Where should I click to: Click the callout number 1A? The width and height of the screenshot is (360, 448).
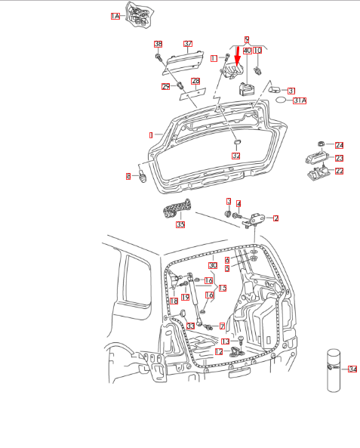pos(115,15)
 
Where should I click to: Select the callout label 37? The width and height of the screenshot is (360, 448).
pos(188,44)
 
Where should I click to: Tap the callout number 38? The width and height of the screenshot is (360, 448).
pos(158,44)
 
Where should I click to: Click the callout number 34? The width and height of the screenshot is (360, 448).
pos(352,369)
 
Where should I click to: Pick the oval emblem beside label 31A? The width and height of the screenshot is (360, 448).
pos(278,99)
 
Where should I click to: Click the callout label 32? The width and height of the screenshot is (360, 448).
pos(235,155)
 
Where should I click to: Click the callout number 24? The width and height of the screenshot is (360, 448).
pos(339,145)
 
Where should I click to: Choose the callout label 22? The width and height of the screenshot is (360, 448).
pos(339,171)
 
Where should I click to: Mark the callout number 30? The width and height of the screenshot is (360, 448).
pos(213,265)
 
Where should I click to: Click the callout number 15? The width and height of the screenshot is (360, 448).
pos(222,288)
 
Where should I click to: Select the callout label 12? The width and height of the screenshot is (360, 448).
pos(218,351)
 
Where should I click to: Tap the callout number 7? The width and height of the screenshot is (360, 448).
pos(222,326)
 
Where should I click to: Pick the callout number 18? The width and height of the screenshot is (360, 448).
pos(174,301)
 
